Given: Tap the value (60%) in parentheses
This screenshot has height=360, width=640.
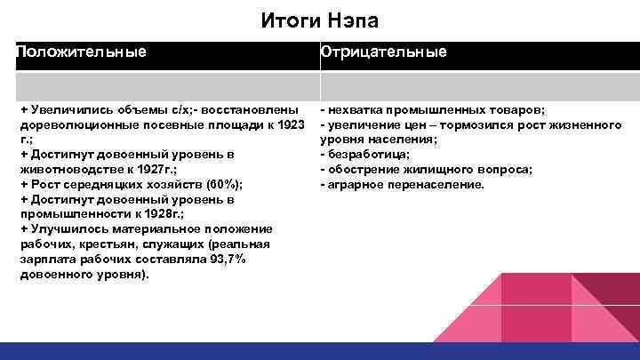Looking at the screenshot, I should (222, 185).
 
